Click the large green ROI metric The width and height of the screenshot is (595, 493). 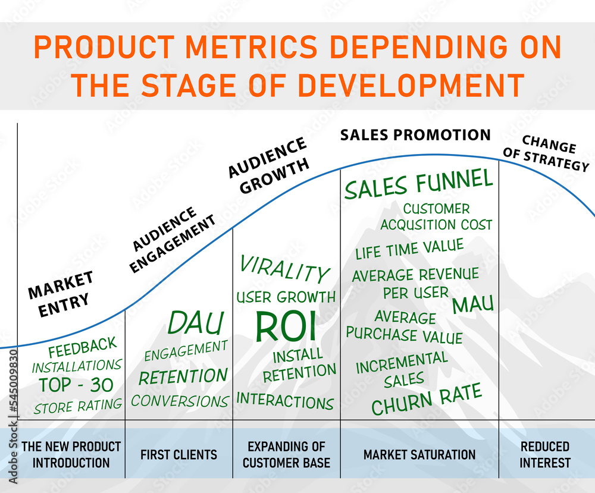[286, 326]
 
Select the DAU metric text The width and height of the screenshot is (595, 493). [195, 323]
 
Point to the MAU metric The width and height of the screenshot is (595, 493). [472, 304]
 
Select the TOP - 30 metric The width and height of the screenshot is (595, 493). [76, 385]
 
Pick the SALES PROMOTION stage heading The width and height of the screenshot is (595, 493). [415, 135]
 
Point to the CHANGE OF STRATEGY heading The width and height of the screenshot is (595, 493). [546, 152]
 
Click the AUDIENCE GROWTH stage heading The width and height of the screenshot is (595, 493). [268, 165]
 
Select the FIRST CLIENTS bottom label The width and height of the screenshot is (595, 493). [178, 455]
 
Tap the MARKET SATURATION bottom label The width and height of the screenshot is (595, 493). [419, 455]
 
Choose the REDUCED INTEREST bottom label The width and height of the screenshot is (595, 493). [545, 454]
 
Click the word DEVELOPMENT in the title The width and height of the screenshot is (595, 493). [411, 85]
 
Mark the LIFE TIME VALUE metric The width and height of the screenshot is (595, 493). [409, 249]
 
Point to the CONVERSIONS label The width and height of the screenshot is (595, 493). [180, 401]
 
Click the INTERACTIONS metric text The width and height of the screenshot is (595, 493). [285, 400]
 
